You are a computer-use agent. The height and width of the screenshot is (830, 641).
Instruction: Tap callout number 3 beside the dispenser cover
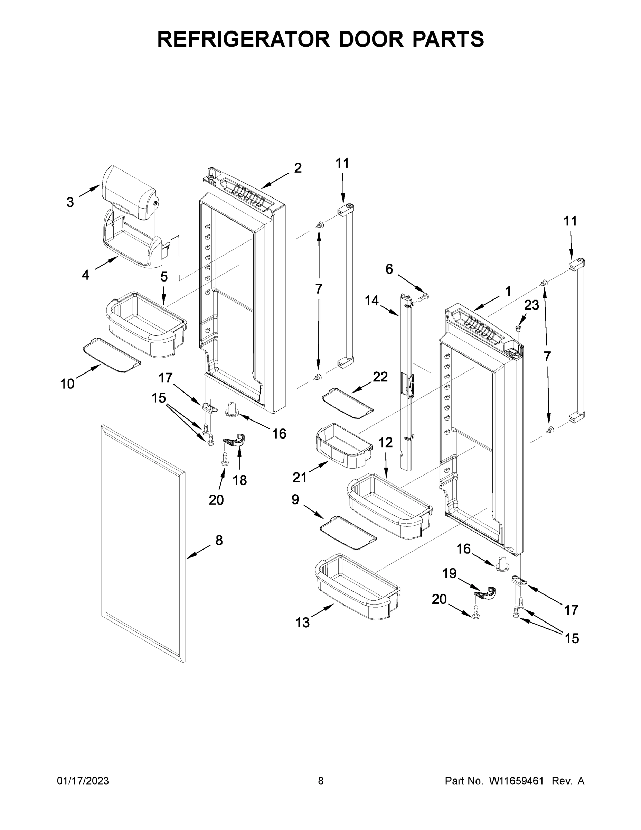point(70,202)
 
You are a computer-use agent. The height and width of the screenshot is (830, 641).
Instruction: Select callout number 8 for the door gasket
point(219,540)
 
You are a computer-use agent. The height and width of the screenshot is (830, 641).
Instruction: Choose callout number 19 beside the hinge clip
point(450,573)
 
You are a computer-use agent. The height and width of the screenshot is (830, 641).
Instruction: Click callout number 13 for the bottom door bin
point(303,622)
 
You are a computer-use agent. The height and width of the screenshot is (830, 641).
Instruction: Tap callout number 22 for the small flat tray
point(380,377)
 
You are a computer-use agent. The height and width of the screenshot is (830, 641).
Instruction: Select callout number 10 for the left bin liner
point(67,384)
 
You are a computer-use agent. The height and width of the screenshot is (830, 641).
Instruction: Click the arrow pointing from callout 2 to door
point(275,181)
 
